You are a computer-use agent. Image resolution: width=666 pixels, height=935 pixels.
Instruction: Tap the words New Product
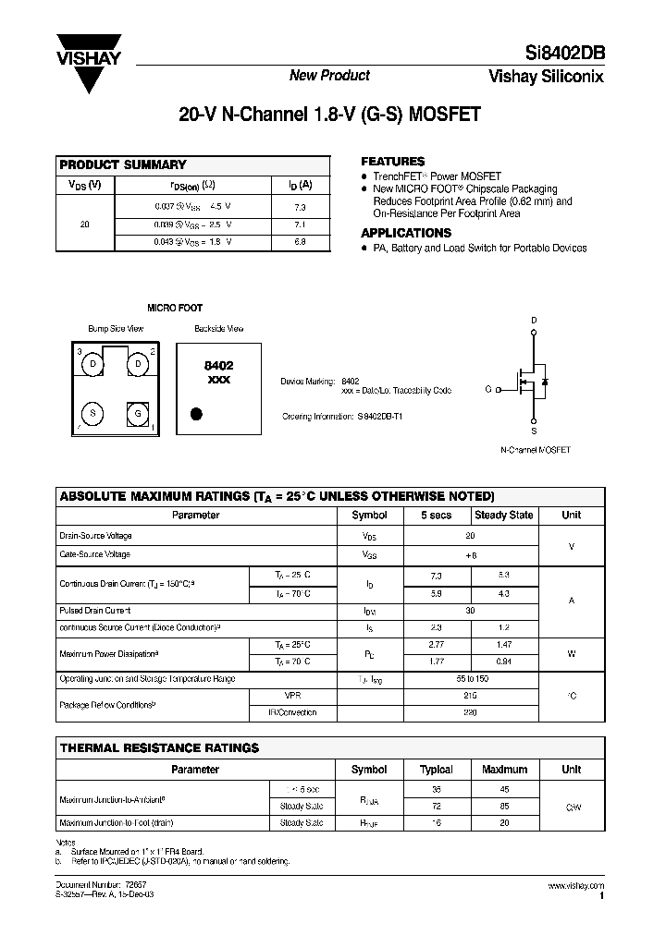tap(329, 76)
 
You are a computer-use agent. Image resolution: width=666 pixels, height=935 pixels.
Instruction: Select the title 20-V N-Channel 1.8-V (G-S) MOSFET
tap(329, 117)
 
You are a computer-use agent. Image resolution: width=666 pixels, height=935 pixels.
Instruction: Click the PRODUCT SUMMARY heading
tap(122, 164)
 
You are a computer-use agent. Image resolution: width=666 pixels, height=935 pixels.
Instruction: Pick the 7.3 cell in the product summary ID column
tap(298, 208)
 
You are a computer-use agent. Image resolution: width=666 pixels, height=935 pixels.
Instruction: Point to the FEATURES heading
tap(392, 161)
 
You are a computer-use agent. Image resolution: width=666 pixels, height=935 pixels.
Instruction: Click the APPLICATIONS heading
tap(406, 233)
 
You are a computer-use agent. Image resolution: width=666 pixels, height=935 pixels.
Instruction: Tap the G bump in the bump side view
tap(137, 412)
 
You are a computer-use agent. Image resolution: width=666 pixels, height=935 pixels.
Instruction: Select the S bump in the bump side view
tap(92, 412)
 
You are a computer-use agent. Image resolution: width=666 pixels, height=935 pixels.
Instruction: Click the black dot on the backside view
tap(196, 413)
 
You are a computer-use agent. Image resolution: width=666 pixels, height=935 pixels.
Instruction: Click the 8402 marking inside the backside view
tap(218, 366)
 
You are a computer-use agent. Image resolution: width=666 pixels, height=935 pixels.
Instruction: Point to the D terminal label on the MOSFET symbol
tap(534, 320)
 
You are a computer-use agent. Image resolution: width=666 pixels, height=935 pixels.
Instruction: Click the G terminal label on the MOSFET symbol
tap(487, 389)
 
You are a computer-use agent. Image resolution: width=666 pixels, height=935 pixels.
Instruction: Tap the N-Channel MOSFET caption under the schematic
tap(534, 450)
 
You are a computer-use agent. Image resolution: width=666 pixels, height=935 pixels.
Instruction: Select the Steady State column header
tap(503, 516)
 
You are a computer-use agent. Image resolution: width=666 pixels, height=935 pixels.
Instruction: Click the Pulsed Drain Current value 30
tap(469, 611)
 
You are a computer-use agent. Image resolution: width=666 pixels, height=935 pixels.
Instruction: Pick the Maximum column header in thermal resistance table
tap(504, 769)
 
